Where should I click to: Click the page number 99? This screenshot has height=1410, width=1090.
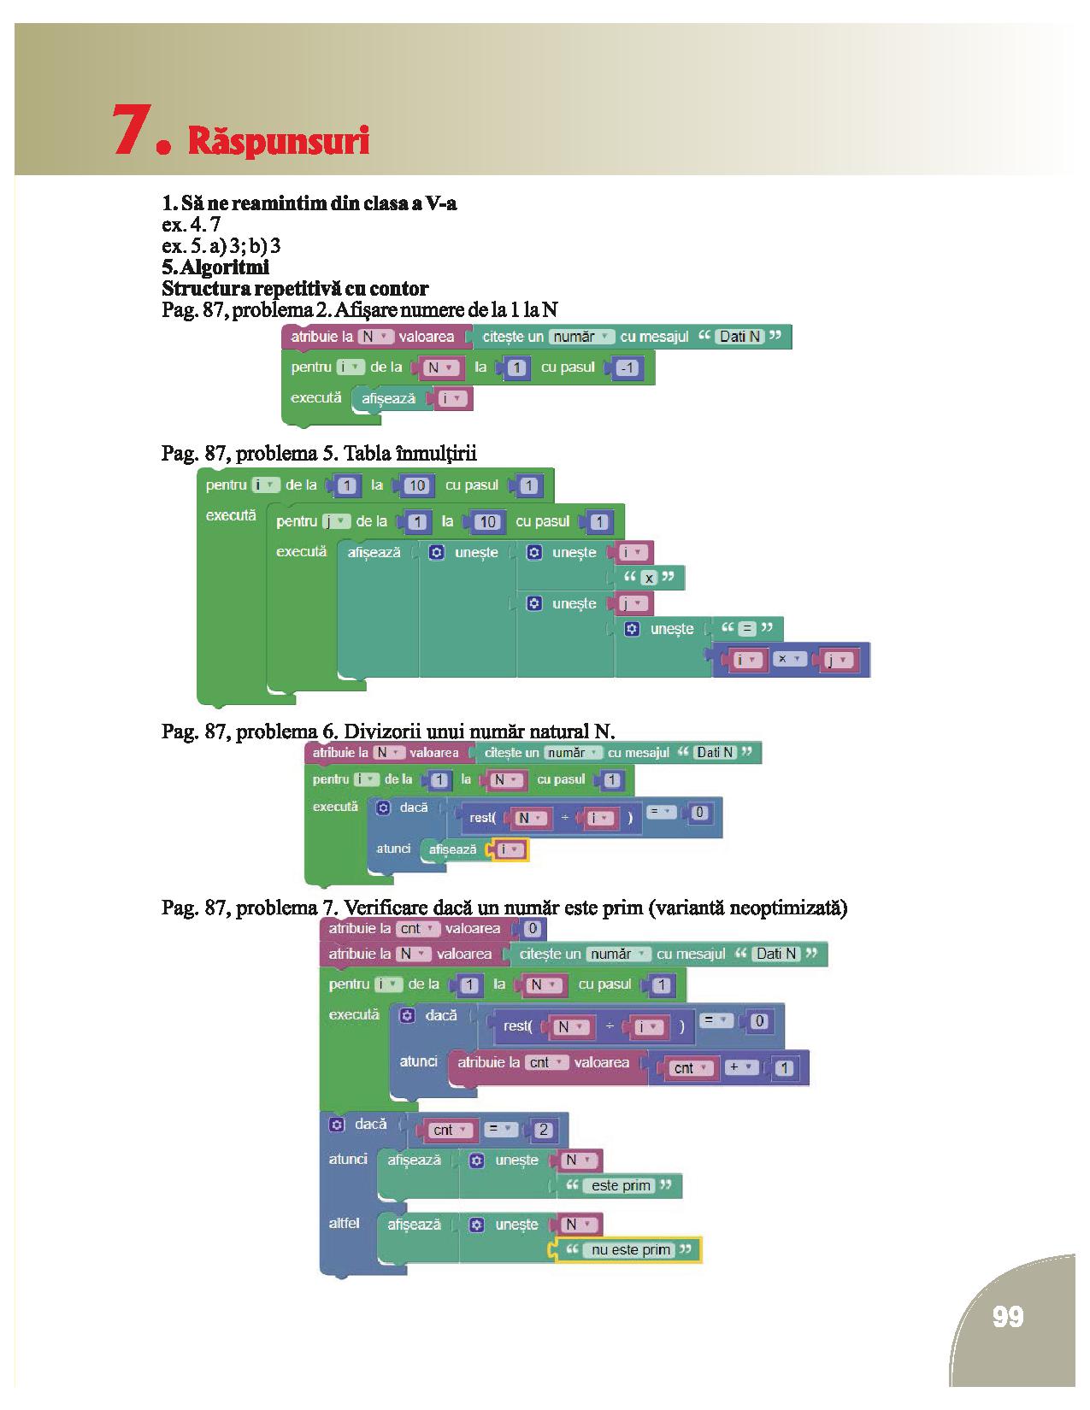point(1008,1317)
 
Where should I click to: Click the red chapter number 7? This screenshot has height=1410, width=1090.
point(133,130)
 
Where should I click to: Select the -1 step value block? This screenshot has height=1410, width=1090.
point(628,368)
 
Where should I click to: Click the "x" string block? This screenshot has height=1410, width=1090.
point(649,578)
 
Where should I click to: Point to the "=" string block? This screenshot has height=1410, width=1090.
point(747,629)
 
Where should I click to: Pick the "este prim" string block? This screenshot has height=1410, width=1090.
point(621,1185)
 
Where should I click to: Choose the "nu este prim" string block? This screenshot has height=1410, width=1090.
point(631,1249)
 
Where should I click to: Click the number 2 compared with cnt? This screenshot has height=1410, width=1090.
point(544,1130)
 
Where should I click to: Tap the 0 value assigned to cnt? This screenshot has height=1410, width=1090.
point(533,929)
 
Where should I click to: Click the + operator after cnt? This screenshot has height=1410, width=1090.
point(738,1066)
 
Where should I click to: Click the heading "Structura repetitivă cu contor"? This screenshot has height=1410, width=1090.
point(295,288)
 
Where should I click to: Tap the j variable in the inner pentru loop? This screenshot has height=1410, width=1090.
point(331,521)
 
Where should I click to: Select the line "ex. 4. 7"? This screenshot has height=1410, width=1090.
point(191,225)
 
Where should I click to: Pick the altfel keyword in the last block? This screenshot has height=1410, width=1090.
point(344,1223)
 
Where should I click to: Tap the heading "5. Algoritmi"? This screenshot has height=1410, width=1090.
point(215,267)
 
